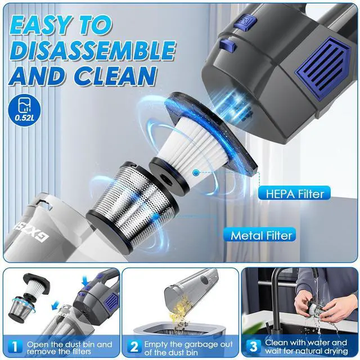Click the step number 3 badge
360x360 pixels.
click(253, 344)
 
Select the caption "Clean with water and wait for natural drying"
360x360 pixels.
click(307, 348)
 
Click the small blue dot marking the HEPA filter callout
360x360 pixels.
click(195, 173)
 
